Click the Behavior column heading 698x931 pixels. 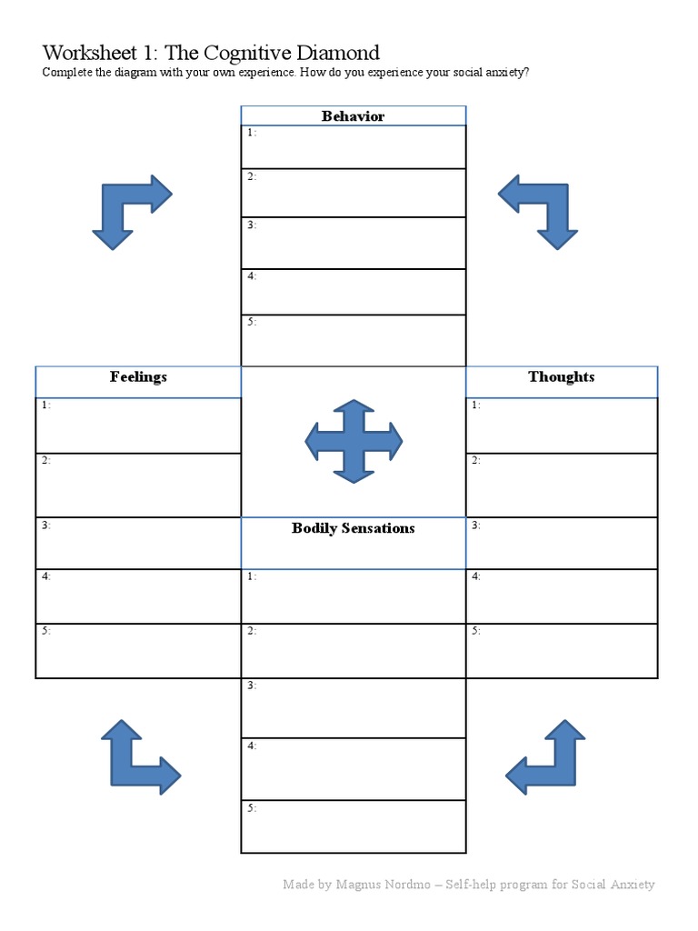click(353, 116)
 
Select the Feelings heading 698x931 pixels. click(138, 377)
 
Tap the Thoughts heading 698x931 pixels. click(561, 377)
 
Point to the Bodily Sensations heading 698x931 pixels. click(353, 528)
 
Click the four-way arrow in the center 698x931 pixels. click(354, 441)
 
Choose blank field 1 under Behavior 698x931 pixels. click(354, 147)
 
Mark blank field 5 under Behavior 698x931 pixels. click(354, 341)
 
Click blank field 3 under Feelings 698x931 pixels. click(138, 544)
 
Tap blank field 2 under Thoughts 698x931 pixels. click(562, 486)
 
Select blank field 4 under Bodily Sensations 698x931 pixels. click(354, 769)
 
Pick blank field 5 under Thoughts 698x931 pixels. click(562, 651)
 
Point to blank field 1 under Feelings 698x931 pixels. click(138, 425)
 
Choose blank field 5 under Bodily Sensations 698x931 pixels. click(354, 826)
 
